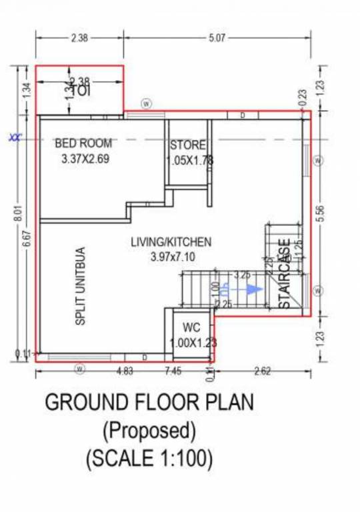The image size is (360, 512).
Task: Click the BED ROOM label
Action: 83,143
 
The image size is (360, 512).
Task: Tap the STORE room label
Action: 187,145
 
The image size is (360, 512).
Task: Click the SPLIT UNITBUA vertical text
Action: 81,287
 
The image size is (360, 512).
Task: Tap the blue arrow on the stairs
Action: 252,289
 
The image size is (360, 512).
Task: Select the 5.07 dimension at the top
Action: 217,38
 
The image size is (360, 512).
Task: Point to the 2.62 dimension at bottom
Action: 262,371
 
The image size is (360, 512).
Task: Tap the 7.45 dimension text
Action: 173,371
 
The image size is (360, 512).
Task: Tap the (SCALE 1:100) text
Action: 149,459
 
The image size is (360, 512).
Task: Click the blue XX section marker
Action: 15,139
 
